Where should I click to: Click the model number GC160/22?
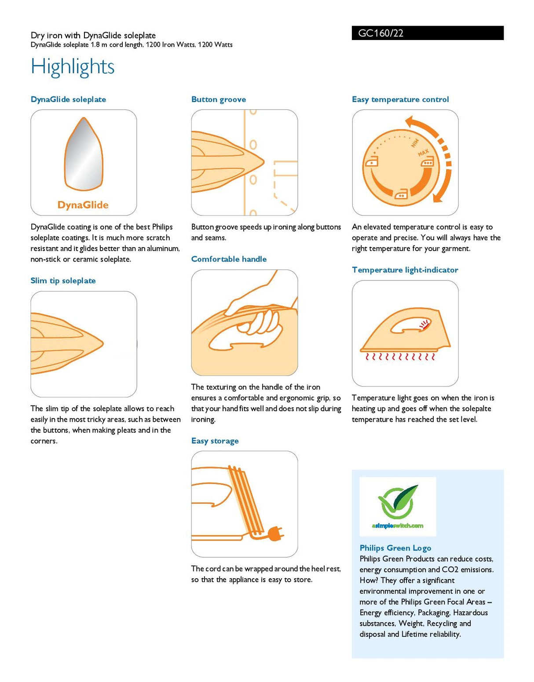coord(380,33)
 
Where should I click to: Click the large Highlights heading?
coord(73,67)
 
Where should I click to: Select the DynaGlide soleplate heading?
coord(69,99)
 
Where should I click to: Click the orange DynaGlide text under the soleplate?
coord(83,205)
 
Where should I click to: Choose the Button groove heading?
coord(219,99)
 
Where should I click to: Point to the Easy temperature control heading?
coord(400,99)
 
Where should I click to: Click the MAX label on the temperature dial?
coord(423,153)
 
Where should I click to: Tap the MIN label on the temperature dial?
coord(415,143)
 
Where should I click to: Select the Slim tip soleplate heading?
coord(63,281)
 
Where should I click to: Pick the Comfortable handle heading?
coord(229,259)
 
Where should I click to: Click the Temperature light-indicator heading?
coord(405,270)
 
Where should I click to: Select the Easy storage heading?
coord(215,441)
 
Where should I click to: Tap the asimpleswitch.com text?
coord(398,526)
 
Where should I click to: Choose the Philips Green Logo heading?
coord(395,548)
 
